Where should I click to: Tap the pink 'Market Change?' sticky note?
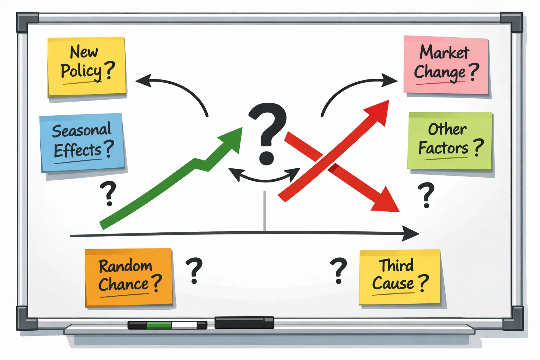(x=446, y=65)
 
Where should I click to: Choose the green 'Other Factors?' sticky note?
(x=450, y=141)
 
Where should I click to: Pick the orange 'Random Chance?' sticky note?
(x=129, y=277)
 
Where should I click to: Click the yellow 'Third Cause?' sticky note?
(x=400, y=277)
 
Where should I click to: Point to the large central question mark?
(x=268, y=134)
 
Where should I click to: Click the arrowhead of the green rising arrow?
(x=231, y=140)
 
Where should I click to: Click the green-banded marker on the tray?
(x=167, y=325)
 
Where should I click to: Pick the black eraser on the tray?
(x=244, y=323)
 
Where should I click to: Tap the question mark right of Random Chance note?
(x=194, y=270)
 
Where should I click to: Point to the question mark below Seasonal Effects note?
(x=108, y=193)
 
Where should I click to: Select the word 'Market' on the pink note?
(x=444, y=52)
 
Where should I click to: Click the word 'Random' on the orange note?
(x=126, y=266)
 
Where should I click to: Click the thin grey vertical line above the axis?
(x=265, y=211)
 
